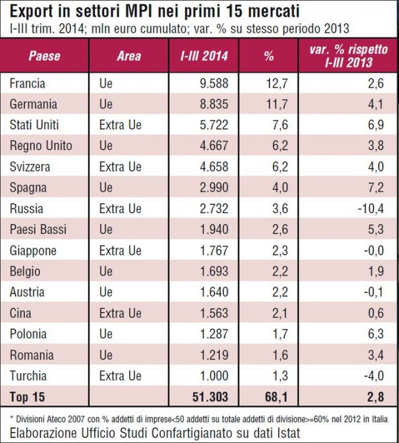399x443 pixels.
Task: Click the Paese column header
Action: (x=44, y=55)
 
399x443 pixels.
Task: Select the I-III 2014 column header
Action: (x=204, y=55)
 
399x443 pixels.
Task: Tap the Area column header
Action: (x=129, y=55)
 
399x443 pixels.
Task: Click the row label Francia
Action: (x=27, y=83)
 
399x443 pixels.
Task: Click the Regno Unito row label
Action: (x=41, y=146)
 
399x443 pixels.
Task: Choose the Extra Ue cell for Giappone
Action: (x=120, y=250)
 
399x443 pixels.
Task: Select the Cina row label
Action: (x=21, y=313)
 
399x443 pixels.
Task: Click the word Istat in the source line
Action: (x=284, y=432)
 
